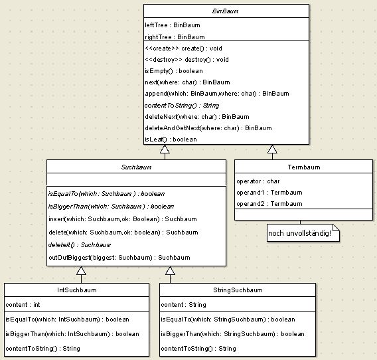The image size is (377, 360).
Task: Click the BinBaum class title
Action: click(225, 11)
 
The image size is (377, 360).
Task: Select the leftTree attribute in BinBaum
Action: click(173, 25)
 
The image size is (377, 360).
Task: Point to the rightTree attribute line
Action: click(175, 37)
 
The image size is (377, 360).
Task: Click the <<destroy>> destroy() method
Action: click(187, 60)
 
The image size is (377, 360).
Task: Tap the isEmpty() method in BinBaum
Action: click(174, 71)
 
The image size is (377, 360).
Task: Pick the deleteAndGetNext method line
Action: click(208, 128)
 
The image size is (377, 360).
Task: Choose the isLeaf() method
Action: click(171, 139)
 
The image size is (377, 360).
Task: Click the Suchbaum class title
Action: click(136, 167)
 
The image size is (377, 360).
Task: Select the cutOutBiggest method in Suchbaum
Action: click(119, 258)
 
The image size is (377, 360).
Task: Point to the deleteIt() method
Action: click(80, 245)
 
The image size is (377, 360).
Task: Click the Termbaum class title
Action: click(304, 167)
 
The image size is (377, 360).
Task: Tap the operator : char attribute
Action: click(258, 181)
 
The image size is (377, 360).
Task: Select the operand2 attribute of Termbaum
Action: click(269, 204)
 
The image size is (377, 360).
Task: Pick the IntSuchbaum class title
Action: click(77, 290)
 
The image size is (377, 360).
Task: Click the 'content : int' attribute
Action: click(23, 305)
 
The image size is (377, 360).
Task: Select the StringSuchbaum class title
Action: click(238, 290)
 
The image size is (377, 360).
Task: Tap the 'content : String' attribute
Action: click(183, 305)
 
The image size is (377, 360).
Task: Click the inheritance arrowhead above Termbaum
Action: click(272, 149)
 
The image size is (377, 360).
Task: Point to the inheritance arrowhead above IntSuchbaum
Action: click(81, 270)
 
